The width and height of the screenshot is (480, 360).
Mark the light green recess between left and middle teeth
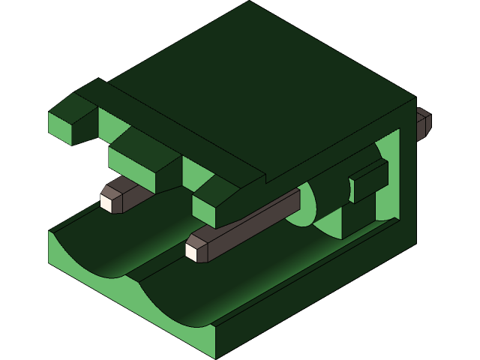point(112,124)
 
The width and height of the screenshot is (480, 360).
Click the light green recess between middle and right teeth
point(196,174)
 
